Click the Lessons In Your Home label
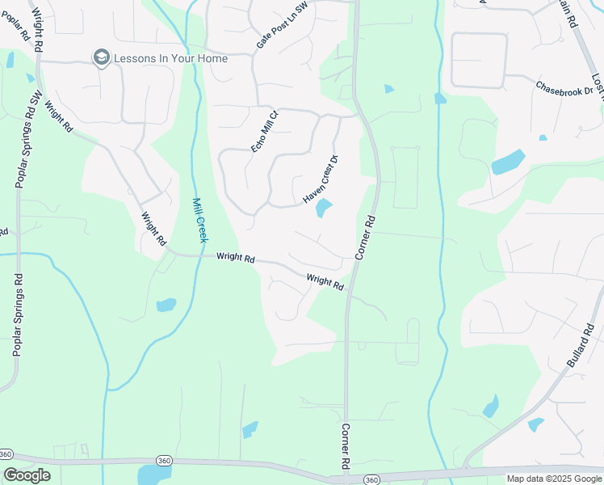coord(170,58)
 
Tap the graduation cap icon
coord(101,57)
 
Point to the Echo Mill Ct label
coord(264,130)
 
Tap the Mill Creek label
coord(199,220)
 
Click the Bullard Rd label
coord(581,347)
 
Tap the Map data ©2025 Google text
coord(554,479)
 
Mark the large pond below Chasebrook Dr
coord(507,162)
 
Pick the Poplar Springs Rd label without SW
coord(16,314)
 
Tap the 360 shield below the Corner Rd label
coord(371,480)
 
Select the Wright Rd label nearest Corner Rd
coord(325,283)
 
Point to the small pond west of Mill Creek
coord(166,305)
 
